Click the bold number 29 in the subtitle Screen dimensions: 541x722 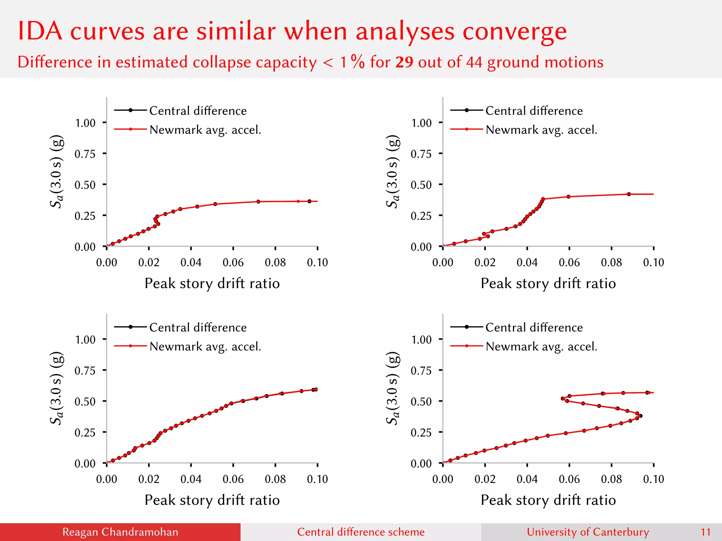pos(404,62)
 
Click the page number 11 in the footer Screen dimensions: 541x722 pos(705,532)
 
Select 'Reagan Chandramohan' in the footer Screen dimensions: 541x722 pos(120,532)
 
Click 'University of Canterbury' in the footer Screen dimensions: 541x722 pos(588,532)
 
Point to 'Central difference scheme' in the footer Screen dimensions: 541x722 pos(361,532)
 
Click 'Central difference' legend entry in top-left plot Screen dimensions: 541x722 pos(198,111)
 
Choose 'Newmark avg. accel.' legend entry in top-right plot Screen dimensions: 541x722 pos(541,130)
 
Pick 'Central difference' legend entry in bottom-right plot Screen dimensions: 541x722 pos(534,327)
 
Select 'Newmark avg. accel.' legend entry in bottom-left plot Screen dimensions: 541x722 pos(205,347)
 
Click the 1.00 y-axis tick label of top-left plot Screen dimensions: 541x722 pos(85,123)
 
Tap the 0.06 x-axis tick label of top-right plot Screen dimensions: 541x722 pos(569,262)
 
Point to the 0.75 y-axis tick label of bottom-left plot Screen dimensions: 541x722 pos(85,371)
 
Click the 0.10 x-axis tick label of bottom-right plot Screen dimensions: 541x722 pos(653,479)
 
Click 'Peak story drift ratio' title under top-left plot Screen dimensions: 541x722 pos(212,284)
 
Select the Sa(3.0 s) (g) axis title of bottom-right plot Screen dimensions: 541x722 pos(393,388)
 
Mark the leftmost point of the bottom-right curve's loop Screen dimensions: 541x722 pos(563,399)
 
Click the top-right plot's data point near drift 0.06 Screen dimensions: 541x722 pos(569,197)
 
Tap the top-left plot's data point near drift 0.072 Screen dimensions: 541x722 pos(258,201)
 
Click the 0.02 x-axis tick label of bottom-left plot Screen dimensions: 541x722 pos(149,479)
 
